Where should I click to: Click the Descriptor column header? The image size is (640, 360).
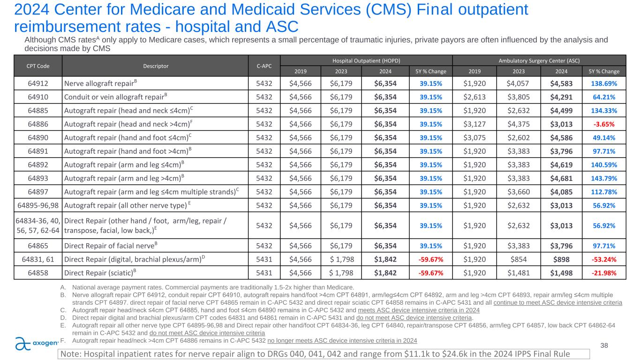155,66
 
